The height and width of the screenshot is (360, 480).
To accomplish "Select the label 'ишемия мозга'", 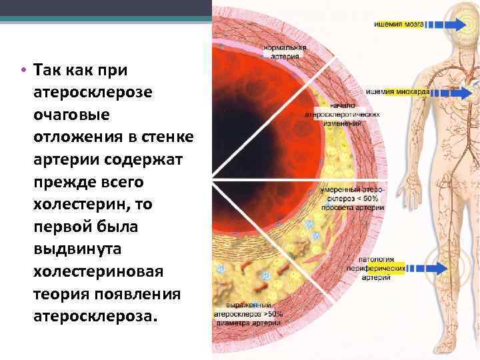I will click(x=398, y=23).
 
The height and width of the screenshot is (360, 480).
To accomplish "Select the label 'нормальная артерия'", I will click(x=285, y=51).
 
